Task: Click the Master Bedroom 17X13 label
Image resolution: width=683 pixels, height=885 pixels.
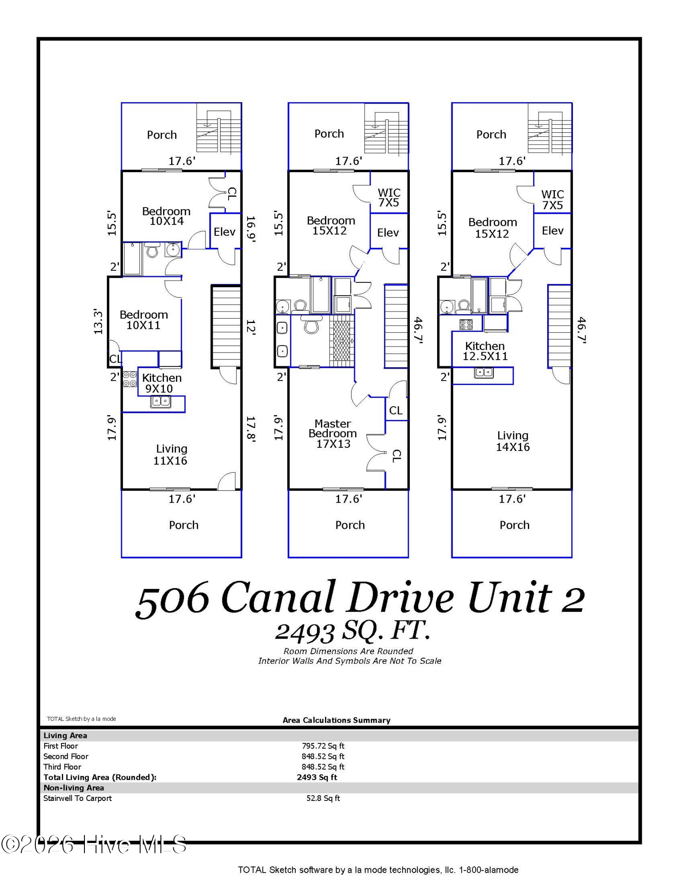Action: click(333, 434)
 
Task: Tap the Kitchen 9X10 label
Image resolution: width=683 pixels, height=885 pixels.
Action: click(162, 383)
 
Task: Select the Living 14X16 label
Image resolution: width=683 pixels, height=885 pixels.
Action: click(513, 441)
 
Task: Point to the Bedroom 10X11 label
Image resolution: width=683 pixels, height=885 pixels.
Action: click(144, 320)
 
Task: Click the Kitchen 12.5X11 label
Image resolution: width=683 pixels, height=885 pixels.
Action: click(485, 351)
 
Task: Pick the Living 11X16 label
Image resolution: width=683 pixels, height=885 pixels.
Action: click(171, 454)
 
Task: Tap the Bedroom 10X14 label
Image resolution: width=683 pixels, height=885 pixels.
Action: click(166, 216)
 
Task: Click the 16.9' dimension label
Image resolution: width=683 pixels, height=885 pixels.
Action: click(251, 229)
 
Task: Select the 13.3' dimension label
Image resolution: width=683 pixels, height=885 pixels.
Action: click(98, 322)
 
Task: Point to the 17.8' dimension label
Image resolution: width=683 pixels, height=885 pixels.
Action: click(251, 429)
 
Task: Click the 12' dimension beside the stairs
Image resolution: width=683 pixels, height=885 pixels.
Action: click(251, 327)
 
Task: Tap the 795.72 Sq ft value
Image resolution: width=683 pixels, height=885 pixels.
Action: click(323, 746)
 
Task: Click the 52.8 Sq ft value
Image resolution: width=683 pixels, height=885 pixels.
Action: click(323, 798)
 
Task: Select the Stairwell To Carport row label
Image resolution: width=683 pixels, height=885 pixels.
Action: click(77, 798)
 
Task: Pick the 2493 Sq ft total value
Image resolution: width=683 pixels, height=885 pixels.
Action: click(317, 777)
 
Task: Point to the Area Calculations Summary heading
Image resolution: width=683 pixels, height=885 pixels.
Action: click(336, 720)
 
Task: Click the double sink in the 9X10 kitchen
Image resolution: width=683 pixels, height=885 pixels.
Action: click(160, 401)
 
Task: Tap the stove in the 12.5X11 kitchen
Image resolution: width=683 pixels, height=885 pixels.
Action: click(466, 325)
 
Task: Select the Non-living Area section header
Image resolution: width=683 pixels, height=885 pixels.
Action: click(73, 788)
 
